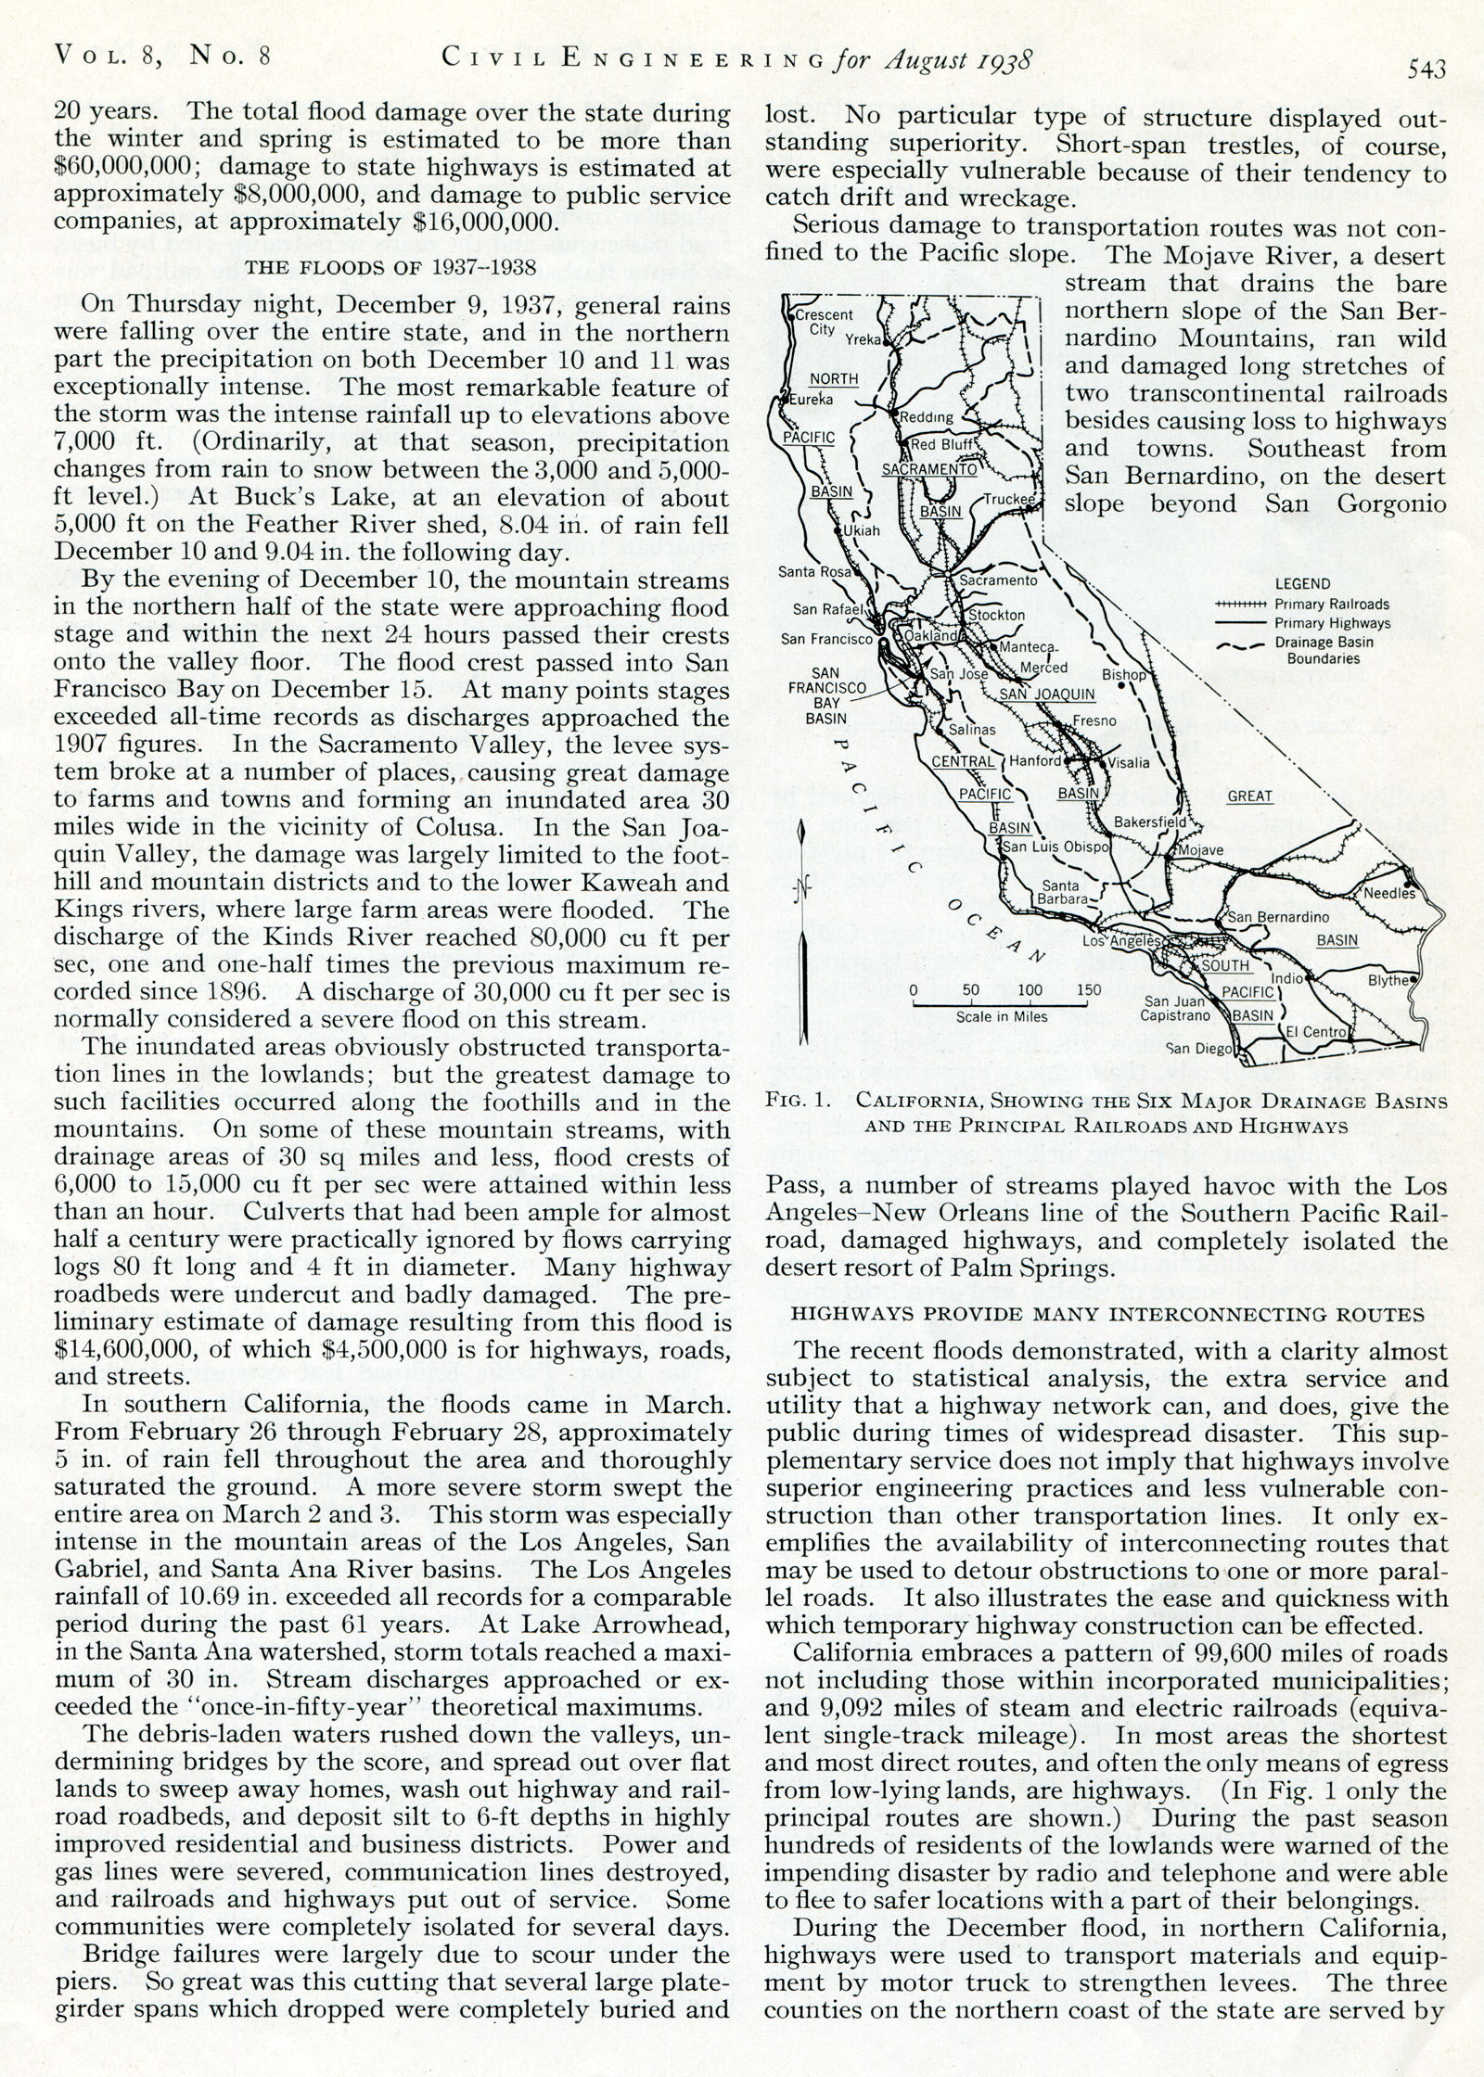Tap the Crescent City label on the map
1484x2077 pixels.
[x=825, y=322]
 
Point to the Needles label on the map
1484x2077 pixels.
[x=1388, y=893]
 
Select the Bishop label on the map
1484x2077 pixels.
[x=1124, y=675]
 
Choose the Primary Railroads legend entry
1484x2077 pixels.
[x=1331, y=604]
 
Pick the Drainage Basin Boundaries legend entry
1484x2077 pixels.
[x=1324, y=650]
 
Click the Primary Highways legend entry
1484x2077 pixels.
[x=1332, y=623]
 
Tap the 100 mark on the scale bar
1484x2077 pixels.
[x=1030, y=989]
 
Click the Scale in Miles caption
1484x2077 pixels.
[x=1002, y=1016]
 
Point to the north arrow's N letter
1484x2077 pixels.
[x=802, y=891]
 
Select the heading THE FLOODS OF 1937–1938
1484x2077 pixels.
[x=389, y=268]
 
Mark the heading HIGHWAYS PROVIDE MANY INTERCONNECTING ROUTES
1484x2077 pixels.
[x=1107, y=1315]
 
